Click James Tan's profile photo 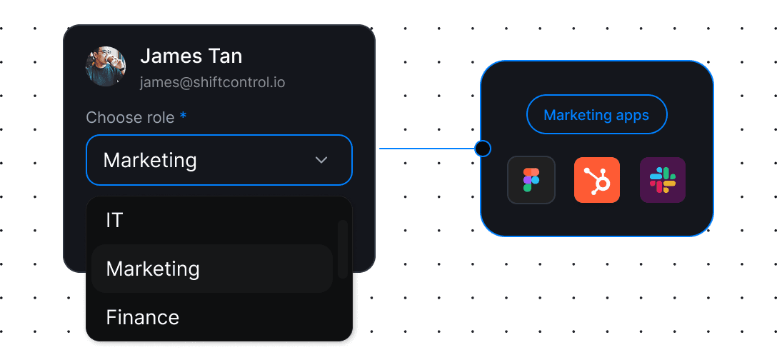(106, 66)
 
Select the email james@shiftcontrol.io (212, 82)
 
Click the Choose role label (130, 117)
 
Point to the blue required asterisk (184, 116)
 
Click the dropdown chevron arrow (321, 160)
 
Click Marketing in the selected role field (150, 160)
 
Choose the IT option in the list (114, 220)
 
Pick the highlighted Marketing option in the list (153, 269)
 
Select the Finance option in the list (142, 316)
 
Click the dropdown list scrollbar (343, 249)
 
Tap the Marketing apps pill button (596, 115)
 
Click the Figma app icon (531, 180)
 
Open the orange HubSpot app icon (597, 180)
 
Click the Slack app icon (663, 180)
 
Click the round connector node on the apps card (483, 149)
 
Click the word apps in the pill (631, 116)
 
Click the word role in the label (159, 117)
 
